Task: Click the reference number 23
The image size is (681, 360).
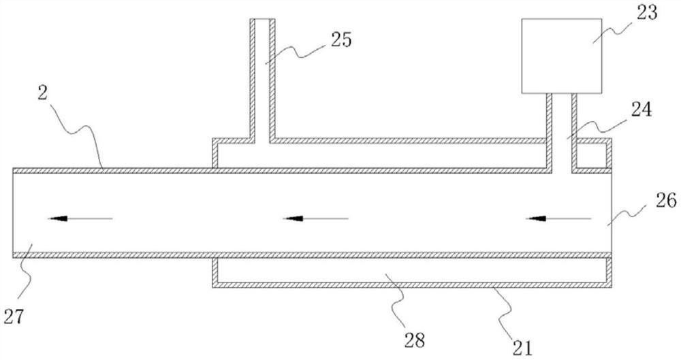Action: point(646,14)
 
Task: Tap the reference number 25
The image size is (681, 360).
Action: point(340,40)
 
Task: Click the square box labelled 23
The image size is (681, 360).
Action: point(562,56)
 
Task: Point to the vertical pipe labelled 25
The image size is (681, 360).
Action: point(262,75)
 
